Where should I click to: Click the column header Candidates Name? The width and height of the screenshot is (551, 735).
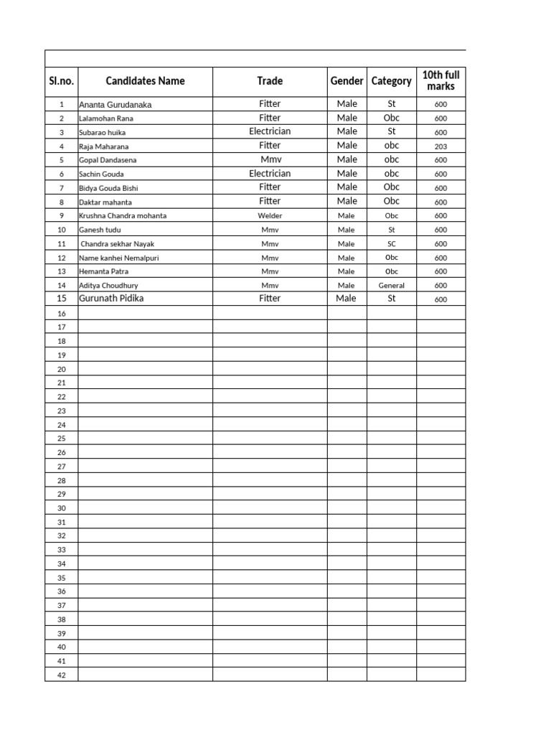tap(145, 81)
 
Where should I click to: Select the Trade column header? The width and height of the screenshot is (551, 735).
tap(270, 81)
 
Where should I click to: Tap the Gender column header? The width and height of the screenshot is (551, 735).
tap(347, 81)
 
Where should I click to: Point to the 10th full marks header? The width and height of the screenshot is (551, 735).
tap(441, 81)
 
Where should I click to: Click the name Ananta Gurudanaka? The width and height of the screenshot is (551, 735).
tap(116, 105)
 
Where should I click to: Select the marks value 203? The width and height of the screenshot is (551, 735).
tap(441, 146)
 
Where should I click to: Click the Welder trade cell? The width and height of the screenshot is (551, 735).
tap(270, 216)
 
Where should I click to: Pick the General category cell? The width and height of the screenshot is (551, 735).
tap(392, 286)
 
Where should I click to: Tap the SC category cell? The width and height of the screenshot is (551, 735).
tap(392, 244)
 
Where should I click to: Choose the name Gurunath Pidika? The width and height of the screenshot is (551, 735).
tap(111, 299)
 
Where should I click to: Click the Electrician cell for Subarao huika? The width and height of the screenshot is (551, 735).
tap(270, 132)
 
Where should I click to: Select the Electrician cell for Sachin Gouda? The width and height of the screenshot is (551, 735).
tap(270, 174)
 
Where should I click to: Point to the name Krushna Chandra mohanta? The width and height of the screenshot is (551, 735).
tap(123, 216)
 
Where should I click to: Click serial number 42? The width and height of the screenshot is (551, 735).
tap(62, 675)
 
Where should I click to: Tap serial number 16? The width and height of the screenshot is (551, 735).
tap(62, 314)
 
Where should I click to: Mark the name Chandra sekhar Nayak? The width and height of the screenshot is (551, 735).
tap(118, 244)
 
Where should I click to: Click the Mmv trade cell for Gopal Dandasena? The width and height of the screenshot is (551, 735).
tap(270, 160)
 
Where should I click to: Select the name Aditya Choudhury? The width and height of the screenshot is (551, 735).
tap(108, 286)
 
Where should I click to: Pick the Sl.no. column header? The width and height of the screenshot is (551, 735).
tap(62, 81)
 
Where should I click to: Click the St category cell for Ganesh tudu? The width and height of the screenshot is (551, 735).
tap(392, 230)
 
